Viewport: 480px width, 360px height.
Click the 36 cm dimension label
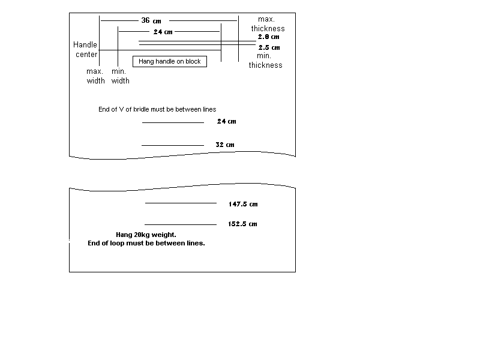click(151, 20)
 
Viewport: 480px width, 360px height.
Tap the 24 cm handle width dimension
click(163, 32)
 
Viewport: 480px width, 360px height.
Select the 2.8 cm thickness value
click(268, 37)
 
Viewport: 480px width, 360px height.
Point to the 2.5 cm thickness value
click(269, 47)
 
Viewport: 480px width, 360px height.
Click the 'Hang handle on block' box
click(170, 61)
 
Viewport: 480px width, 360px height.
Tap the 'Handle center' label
click(85, 50)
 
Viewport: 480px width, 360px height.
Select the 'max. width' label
click(95, 76)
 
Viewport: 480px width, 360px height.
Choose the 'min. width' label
click(121, 76)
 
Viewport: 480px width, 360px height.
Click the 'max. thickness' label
click(268, 24)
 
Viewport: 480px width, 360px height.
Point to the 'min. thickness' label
click(265, 61)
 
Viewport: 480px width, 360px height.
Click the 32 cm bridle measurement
click(225, 145)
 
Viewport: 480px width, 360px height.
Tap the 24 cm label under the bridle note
click(227, 121)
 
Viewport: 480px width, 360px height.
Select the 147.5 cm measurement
click(243, 204)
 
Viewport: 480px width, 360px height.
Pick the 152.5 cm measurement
click(242, 224)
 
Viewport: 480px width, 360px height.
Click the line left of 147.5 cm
click(181, 203)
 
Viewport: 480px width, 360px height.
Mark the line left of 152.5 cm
click(181, 224)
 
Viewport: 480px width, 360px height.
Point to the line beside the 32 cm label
click(173, 145)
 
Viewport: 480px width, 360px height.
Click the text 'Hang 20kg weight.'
click(146, 235)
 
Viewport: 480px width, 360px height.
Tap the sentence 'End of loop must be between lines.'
click(146, 243)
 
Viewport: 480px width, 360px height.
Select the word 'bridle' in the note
click(140, 109)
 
